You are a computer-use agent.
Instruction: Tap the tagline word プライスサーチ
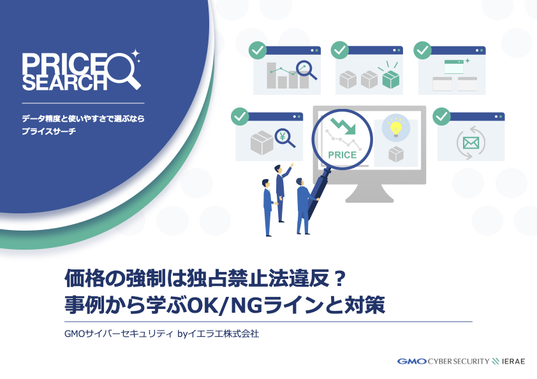(x=48, y=131)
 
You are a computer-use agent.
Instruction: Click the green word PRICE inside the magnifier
(x=342, y=155)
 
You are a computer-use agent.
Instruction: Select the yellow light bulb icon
(x=396, y=127)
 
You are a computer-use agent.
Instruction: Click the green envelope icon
(x=471, y=143)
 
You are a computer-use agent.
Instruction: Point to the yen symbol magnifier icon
(x=285, y=138)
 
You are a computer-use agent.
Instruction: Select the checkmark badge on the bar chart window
(x=258, y=50)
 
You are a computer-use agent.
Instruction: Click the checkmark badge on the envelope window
(x=441, y=117)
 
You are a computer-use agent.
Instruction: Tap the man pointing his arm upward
(x=282, y=192)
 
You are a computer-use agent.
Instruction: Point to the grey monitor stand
(x=369, y=193)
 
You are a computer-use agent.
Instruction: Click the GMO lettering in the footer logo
(x=412, y=361)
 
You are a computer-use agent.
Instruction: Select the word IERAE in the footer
(x=513, y=361)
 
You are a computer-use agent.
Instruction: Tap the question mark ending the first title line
(x=339, y=279)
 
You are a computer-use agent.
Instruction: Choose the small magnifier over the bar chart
(x=307, y=70)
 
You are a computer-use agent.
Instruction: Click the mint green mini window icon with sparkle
(x=457, y=66)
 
